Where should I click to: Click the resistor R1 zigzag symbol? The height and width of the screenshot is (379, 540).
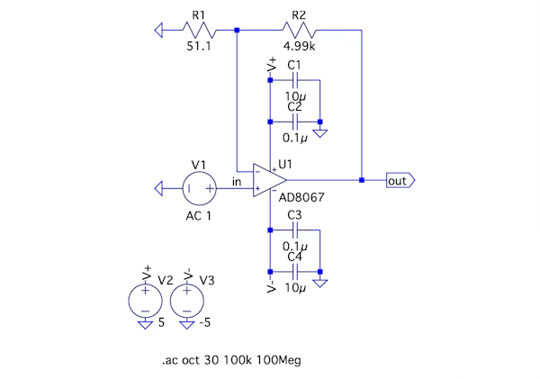199,31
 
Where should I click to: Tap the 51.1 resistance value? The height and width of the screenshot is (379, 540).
199,46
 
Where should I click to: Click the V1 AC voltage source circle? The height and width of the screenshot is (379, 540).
199,189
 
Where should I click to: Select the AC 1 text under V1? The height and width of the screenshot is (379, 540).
199,216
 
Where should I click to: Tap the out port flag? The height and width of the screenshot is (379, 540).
399,180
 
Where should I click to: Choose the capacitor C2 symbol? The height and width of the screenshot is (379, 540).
294,121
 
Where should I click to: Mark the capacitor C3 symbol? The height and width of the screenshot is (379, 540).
294,230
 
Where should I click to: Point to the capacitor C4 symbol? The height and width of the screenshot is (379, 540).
294,271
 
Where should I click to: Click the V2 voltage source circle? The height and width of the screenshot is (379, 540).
146,298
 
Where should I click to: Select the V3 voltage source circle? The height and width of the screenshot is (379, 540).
186,298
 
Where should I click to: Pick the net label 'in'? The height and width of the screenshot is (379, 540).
237,183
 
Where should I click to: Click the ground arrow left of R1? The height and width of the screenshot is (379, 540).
160,31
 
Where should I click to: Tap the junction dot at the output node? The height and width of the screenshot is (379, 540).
361,180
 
